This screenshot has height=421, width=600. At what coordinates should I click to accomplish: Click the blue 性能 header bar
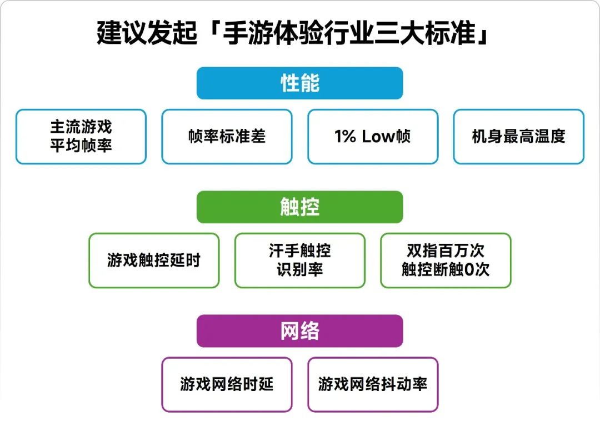pos(299,83)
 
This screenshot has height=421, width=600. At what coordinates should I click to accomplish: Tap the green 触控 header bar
pos(299,207)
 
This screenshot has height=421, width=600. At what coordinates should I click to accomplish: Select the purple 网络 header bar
pos(299,331)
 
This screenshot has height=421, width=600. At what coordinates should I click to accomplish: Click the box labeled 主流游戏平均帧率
pos(81,137)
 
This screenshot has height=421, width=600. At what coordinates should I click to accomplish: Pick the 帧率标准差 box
pos(227,137)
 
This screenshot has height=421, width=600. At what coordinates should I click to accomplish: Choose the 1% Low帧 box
pos(373,137)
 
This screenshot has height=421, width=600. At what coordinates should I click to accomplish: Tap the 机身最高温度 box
pos(518,137)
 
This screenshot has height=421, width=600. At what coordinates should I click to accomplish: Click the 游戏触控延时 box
pos(154,260)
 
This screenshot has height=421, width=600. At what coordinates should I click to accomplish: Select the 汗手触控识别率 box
pos(299,260)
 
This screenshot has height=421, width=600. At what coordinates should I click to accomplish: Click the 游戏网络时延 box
pos(227,384)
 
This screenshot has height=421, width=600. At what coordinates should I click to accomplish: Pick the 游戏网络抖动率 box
pos(373,384)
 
